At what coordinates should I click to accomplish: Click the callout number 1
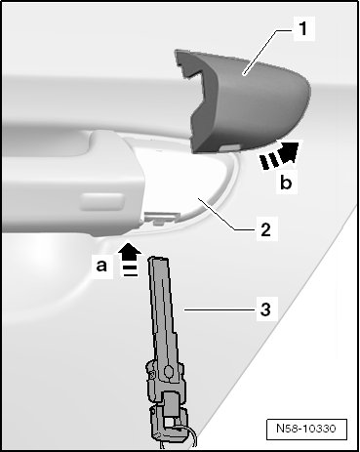point(303,28)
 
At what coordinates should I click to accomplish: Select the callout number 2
point(265,229)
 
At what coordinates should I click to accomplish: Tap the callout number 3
point(265,308)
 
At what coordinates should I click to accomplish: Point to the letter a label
point(101,266)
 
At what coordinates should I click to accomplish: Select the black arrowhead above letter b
point(290,152)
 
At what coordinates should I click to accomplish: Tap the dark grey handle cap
point(242,101)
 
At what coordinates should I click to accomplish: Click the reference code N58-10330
point(306,429)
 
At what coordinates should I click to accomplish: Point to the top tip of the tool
point(158,258)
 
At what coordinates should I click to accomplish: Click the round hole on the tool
point(169,371)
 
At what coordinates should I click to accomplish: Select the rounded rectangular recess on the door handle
point(102,202)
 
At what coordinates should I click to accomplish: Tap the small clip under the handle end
point(162,217)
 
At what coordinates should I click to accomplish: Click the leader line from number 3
point(219,310)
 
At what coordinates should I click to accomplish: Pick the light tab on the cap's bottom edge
point(229,148)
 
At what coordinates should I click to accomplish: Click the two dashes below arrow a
point(130,270)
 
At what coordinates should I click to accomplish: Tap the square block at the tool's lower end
point(170,404)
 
